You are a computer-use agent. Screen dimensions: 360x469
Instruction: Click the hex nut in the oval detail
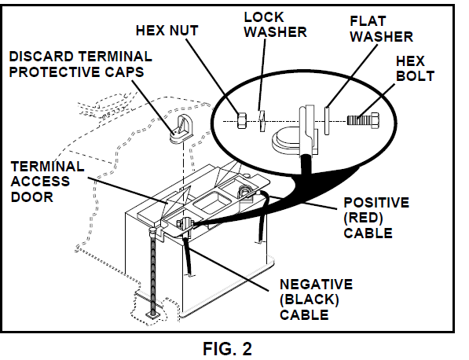[x=243, y=120]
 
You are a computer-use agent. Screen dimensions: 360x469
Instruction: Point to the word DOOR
[x=28, y=197]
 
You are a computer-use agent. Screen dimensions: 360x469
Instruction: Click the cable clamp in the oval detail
[x=298, y=130]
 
